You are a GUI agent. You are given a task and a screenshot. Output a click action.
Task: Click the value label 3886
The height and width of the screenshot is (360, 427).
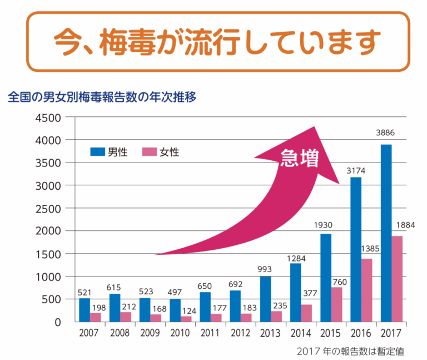[386, 134]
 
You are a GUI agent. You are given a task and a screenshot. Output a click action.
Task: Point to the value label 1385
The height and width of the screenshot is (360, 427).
[368, 248]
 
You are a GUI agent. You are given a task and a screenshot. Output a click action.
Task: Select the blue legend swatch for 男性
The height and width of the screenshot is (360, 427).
[97, 151]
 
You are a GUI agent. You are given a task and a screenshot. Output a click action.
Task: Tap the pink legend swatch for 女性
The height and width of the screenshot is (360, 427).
[150, 151]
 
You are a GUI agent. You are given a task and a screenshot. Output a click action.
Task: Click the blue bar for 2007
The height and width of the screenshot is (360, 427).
[84, 310]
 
